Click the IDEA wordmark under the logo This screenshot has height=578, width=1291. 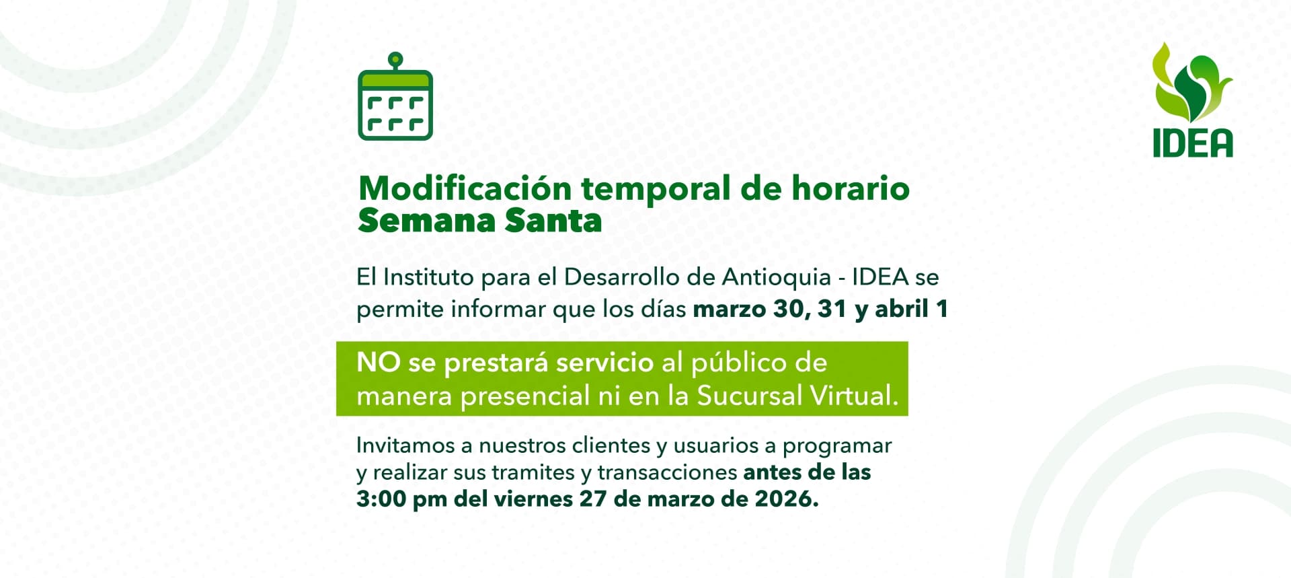click(x=1193, y=143)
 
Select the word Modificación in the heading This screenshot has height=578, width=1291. click(x=465, y=188)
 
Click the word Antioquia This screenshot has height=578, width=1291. click(x=777, y=277)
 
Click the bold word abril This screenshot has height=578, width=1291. click(x=902, y=309)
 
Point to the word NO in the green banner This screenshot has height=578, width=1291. click(x=378, y=363)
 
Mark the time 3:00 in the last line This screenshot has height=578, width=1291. click(x=381, y=499)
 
